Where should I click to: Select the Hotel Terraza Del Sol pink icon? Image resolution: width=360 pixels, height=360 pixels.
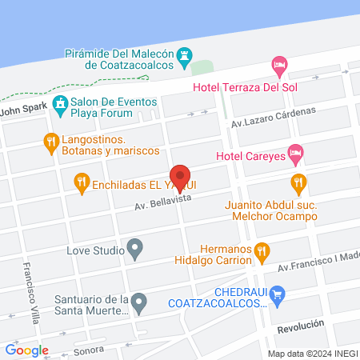[279, 63]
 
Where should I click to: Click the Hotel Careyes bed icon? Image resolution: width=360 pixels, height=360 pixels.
[295, 151]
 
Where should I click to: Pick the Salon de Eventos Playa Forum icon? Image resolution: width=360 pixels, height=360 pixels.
[60, 103]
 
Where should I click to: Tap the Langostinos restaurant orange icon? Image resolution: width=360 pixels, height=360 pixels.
[52, 142]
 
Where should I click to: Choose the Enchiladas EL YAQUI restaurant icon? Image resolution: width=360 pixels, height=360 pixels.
[81, 183]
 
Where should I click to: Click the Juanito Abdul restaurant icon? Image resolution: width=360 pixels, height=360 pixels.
[298, 183]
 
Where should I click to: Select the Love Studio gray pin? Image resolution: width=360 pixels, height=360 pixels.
[136, 250]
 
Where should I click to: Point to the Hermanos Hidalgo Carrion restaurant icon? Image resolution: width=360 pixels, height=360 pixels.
[262, 254]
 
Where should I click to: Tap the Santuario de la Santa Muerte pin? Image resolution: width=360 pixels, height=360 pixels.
[139, 303]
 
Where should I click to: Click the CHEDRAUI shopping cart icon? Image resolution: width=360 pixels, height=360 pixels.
[278, 297]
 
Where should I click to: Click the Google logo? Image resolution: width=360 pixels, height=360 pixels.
[26, 350]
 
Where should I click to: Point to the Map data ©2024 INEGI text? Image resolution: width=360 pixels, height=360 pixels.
[312, 354]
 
